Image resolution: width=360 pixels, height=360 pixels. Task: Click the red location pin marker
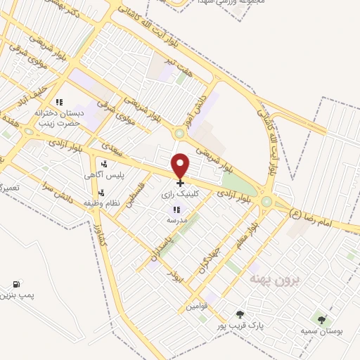(x=181, y=165)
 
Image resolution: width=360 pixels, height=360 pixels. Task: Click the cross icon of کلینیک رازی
(x=181, y=183)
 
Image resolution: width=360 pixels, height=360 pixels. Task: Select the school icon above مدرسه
(x=176, y=210)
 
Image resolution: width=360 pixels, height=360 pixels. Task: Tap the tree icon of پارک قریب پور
(x=240, y=315)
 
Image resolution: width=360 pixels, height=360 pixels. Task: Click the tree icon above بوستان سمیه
(x=321, y=321)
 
